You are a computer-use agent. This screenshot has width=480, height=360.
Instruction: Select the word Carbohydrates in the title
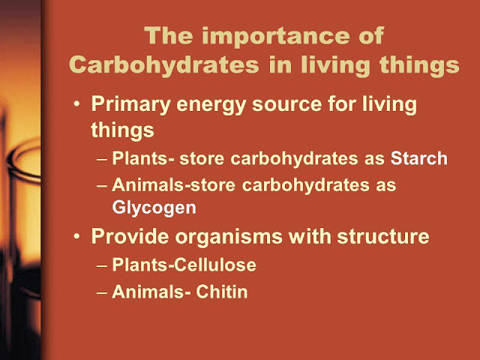pyautogui.click(x=164, y=65)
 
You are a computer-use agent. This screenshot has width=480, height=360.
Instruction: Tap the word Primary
pyautogui.click(x=130, y=106)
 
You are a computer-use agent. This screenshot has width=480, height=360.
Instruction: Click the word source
pyautogui.click(x=286, y=105)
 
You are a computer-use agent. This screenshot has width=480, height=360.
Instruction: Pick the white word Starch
pyautogui.click(x=418, y=158)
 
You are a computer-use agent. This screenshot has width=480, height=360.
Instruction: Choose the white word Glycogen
pyautogui.click(x=154, y=208)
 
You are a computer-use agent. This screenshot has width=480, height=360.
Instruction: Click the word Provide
pyautogui.click(x=130, y=237)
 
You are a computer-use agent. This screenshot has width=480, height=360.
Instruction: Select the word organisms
pyautogui.click(x=229, y=238)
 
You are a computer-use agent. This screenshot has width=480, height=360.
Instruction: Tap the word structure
pyautogui.click(x=383, y=237)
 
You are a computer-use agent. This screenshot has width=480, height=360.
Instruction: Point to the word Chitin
pyautogui.click(x=222, y=292)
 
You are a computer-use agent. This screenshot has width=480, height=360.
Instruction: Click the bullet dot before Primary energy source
pyautogui.click(x=76, y=103)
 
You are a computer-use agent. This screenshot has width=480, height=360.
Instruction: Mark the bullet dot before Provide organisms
pyautogui.click(x=76, y=236)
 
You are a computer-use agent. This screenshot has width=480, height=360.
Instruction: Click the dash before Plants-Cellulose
pyautogui.click(x=102, y=265)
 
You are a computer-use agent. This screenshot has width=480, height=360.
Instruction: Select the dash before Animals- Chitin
pyautogui.click(x=102, y=292)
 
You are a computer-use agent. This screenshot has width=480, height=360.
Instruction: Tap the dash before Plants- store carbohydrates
pyautogui.click(x=102, y=160)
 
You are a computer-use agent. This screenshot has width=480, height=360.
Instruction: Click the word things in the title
pyautogui.click(x=419, y=65)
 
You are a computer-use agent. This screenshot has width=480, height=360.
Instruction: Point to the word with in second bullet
pyautogui.click(x=310, y=237)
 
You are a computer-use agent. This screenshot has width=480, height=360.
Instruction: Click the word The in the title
pyautogui.click(x=169, y=37)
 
